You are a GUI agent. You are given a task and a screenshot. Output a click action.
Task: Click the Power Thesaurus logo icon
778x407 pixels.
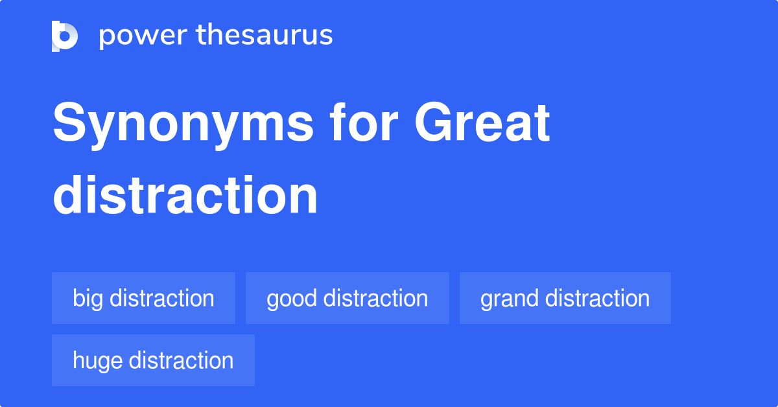coord(65,36)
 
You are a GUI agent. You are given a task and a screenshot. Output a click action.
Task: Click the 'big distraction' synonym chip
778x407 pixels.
coord(143,298)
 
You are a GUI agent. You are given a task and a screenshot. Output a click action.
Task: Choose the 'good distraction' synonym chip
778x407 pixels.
coord(347,298)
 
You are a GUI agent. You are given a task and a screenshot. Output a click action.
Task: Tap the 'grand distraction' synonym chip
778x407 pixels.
coord(565,298)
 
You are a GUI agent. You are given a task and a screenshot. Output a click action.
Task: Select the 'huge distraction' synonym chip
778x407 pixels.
coord(153,360)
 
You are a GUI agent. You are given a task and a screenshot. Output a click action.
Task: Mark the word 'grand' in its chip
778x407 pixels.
coord(510,298)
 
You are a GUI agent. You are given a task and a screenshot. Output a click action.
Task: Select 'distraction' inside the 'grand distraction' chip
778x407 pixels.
coord(598,298)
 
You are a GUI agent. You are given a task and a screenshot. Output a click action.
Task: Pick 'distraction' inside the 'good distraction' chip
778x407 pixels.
coord(375,298)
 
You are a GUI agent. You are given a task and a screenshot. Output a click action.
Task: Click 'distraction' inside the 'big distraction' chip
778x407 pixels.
coord(162,298)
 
